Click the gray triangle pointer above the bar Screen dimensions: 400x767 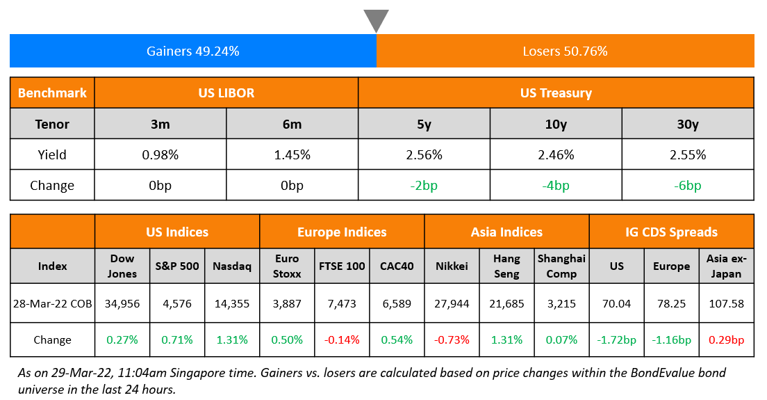click(376, 20)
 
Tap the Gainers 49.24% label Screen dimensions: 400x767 click(193, 51)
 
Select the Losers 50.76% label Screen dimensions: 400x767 click(565, 51)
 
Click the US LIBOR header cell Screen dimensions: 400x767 click(226, 93)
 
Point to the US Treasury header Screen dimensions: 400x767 click(556, 93)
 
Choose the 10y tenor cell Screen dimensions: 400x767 click(556, 125)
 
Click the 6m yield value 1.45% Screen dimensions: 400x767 click(292, 155)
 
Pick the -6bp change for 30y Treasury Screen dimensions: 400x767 click(687, 186)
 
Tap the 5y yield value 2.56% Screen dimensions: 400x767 click(424, 155)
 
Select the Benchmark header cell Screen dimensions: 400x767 click(52, 93)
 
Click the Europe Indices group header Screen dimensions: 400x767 click(342, 232)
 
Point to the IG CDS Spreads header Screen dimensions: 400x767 click(671, 232)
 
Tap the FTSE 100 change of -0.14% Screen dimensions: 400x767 click(342, 339)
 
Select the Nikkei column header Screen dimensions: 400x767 click(452, 266)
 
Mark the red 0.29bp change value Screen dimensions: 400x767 click(726, 339)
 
